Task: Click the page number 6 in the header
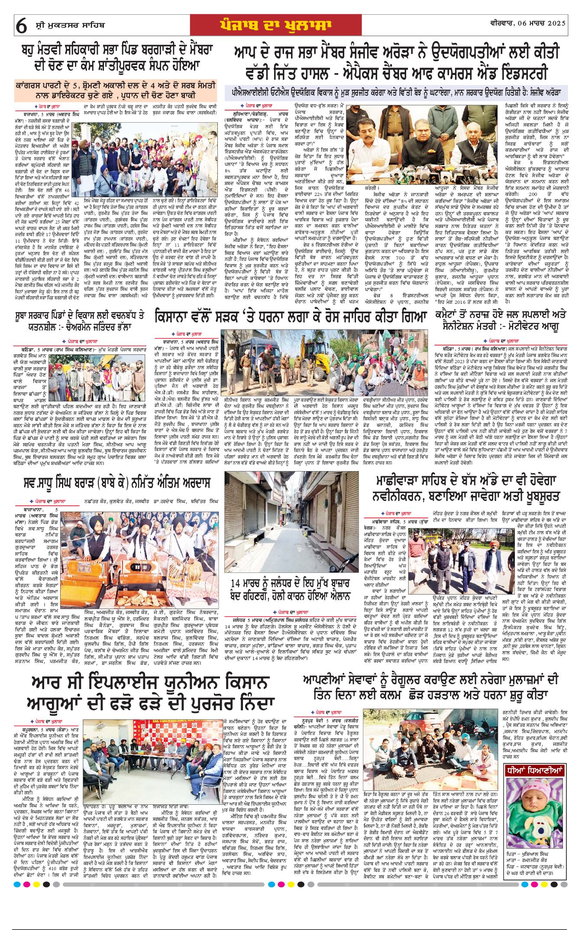pos(21,26)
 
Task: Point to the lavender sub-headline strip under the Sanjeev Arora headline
pos(395,92)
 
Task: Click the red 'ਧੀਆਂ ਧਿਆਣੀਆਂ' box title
pos(535,770)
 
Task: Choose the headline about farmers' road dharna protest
pos(291,317)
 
